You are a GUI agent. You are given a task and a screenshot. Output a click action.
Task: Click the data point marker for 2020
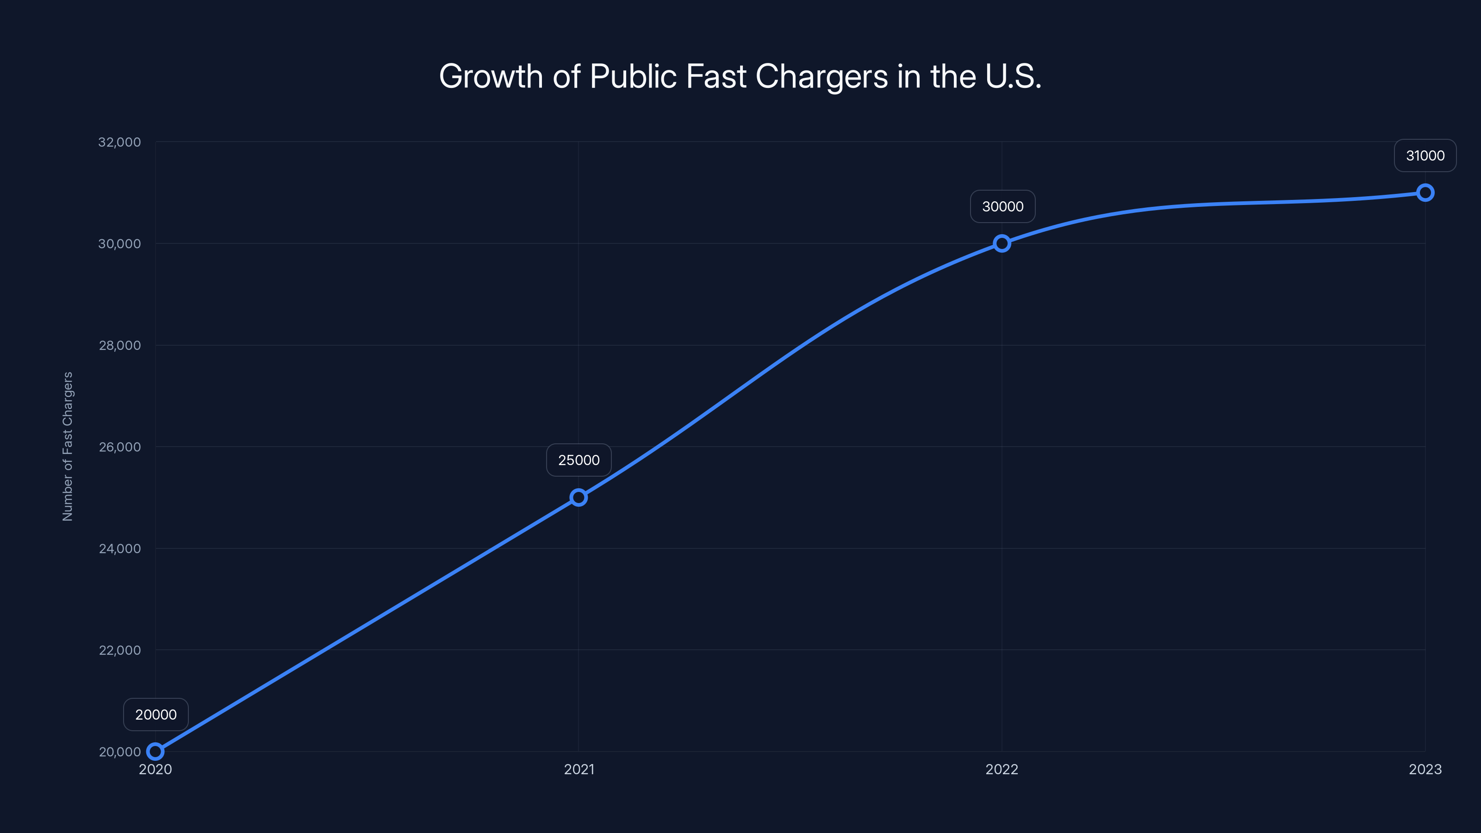click(x=155, y=752)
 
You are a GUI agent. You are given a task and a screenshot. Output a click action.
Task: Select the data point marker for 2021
click(x=579, y=497)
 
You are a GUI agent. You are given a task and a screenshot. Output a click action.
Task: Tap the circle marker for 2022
click(x=1002, y=243)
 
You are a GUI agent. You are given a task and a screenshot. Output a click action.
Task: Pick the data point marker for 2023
click(x=1425, y=193)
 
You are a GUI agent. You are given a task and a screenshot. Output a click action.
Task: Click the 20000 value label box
click(x=156, y=715)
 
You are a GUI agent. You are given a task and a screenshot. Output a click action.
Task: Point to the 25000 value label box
click(x=579, y=460)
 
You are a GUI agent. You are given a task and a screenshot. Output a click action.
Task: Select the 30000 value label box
click(x=1002, y=206)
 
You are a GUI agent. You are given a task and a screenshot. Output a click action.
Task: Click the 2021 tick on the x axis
click(x=579, y=769)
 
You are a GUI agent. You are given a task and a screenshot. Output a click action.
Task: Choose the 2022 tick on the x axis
click(x=1002, y=769)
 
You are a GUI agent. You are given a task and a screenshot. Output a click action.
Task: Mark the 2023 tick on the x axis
click(x=1425, y=769)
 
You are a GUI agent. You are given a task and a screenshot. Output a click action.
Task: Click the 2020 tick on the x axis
click(x=155, y=769)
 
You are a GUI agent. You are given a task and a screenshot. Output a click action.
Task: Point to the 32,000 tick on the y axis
click(x=119, y=142)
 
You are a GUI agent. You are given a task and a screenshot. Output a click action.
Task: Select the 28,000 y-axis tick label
click(x=119, y=346)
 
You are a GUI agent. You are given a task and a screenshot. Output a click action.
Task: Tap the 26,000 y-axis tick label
click(x=119, y=447)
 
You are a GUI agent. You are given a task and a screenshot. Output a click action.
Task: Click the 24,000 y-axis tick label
click(x=119, y=548)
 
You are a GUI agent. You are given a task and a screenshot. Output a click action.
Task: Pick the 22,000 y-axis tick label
click(x=119, y=650)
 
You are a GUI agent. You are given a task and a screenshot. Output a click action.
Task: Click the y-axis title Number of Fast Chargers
click(x=68, y=446)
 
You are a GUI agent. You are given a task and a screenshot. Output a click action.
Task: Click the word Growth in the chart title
click(x=491, y=76)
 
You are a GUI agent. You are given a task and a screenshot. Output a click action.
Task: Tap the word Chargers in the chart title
click(x=821, y=76)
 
